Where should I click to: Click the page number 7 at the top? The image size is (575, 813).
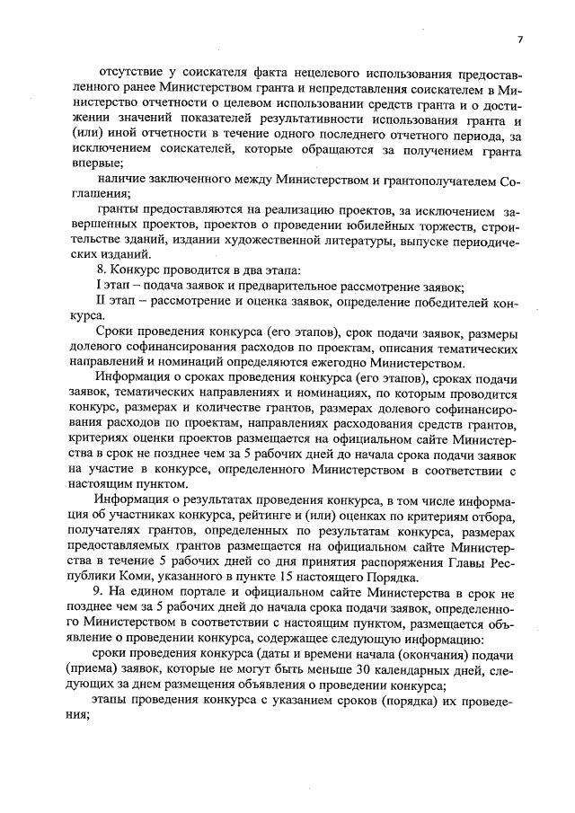click(519, 38)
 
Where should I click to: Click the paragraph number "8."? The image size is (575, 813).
click(102, 270)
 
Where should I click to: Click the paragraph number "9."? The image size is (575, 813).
click(103, 593)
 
